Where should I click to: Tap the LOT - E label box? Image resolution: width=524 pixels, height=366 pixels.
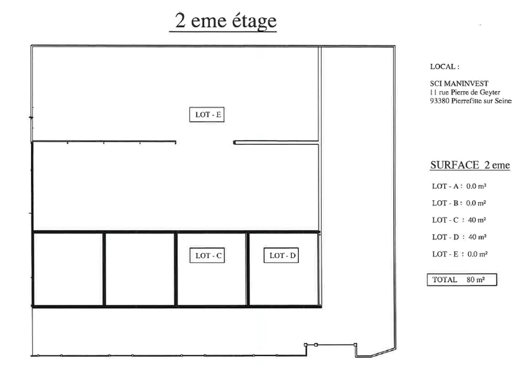click(x=207, y=115)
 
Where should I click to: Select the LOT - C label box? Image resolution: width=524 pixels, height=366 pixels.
click(x=207, y=255)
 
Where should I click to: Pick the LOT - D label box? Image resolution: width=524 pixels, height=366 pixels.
click(x=281, y=255)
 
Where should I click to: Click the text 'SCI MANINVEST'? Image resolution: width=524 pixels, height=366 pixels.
click(x=459, y=83)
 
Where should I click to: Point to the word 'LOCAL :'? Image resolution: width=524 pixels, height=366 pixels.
click(x=445, y=67)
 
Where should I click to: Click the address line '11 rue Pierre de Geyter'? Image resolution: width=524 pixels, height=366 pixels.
click(x=465, y=92)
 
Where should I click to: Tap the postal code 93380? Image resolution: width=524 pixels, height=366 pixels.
click(x=440, y=101)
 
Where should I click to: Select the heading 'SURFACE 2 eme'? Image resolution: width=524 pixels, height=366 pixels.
click(x=470, y=165)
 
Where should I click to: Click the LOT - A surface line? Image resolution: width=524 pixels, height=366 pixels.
click(x=459, y=186)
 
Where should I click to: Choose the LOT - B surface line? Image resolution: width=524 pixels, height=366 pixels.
click(x=459, y=203)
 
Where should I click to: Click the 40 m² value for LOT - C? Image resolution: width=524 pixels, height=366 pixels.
click(x=477, y=220)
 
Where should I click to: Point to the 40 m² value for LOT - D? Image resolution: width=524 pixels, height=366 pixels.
click(x=477, y=237)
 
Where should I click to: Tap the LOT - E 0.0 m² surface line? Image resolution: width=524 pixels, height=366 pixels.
click(x=460, y=254)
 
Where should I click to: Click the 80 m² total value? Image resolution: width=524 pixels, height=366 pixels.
click(x=476, y=280)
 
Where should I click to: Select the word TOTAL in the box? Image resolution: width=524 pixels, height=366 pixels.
click(x=444, y=280)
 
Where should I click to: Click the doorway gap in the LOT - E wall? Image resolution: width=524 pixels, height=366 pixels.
click(x=205, y=142)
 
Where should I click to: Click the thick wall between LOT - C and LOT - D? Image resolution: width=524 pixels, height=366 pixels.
click(x=248, y=268)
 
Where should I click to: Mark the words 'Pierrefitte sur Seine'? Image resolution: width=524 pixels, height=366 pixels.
click(x=481, y=101)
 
